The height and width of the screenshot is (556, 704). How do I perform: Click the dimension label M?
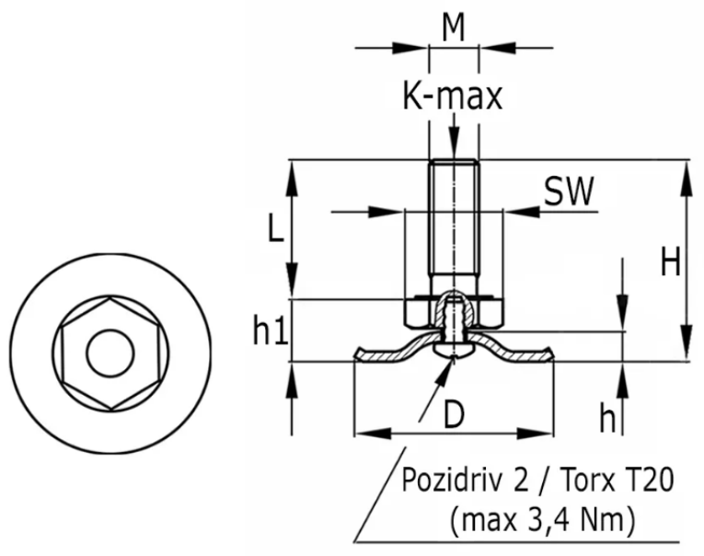point(453,27)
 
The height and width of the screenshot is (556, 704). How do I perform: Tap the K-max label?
point(452,96)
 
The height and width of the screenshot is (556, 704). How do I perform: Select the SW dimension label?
point(569,191)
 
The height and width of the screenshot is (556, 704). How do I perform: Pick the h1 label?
point(271,330)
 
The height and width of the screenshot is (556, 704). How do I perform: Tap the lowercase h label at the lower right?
point(607,418)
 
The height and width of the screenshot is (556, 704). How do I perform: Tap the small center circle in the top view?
point(110,353)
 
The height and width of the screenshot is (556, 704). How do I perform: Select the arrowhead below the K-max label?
point(454,143)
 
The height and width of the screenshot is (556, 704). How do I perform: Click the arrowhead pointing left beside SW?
point(521,211)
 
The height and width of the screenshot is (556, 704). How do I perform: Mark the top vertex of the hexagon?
point(110,297)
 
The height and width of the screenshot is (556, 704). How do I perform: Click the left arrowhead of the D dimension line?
point(372,434)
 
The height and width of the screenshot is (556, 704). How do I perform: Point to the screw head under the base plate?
point(453,350)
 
